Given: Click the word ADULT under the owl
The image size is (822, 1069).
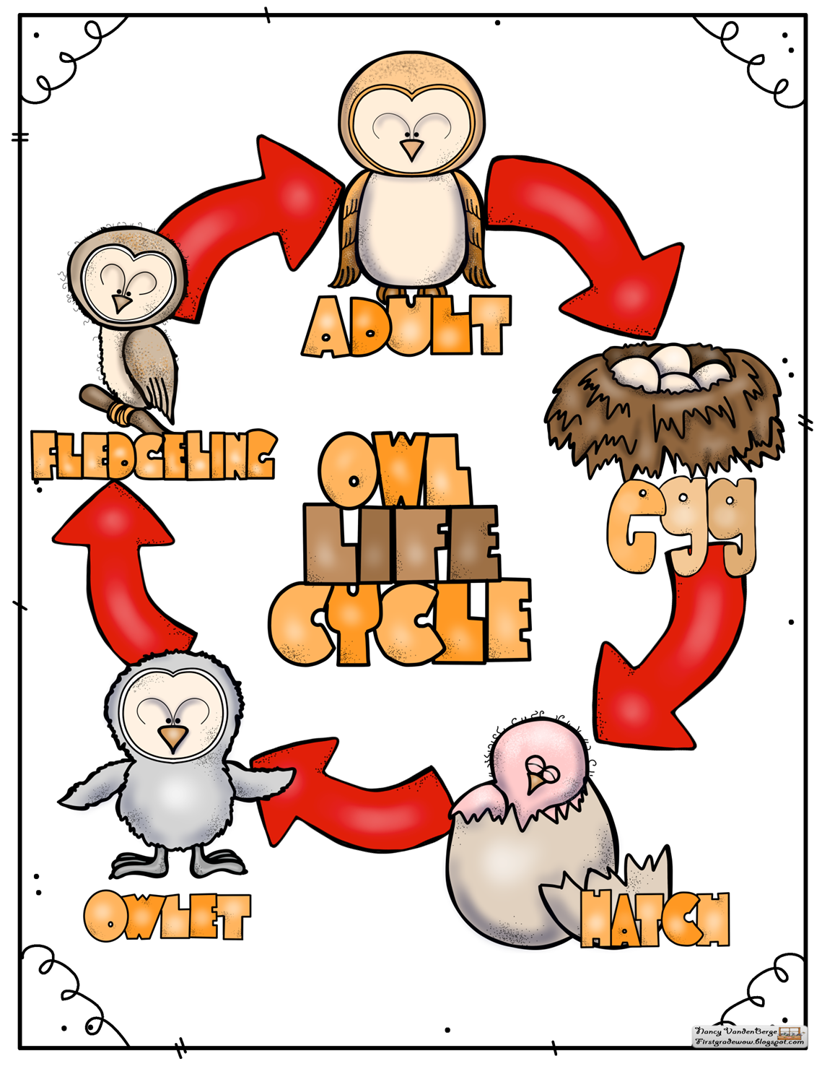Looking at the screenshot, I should pyautogui.click(x=408, y=326).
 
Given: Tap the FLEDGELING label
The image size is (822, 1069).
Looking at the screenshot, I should pyautogui.click(x=153, y=455).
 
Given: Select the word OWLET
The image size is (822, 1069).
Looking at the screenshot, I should pyautogui.click(x=167, y=916).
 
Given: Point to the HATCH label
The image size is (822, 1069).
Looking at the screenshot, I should pyautogui.click(x=655, y=919).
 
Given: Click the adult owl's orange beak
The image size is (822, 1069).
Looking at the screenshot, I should pyautogui.click(x=412, y=150).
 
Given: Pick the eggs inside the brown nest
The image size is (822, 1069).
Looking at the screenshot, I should pyautogui.click(x=670, y=368).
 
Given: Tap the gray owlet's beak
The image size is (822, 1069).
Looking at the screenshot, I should pyautogui.click(x=172, y=737).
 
